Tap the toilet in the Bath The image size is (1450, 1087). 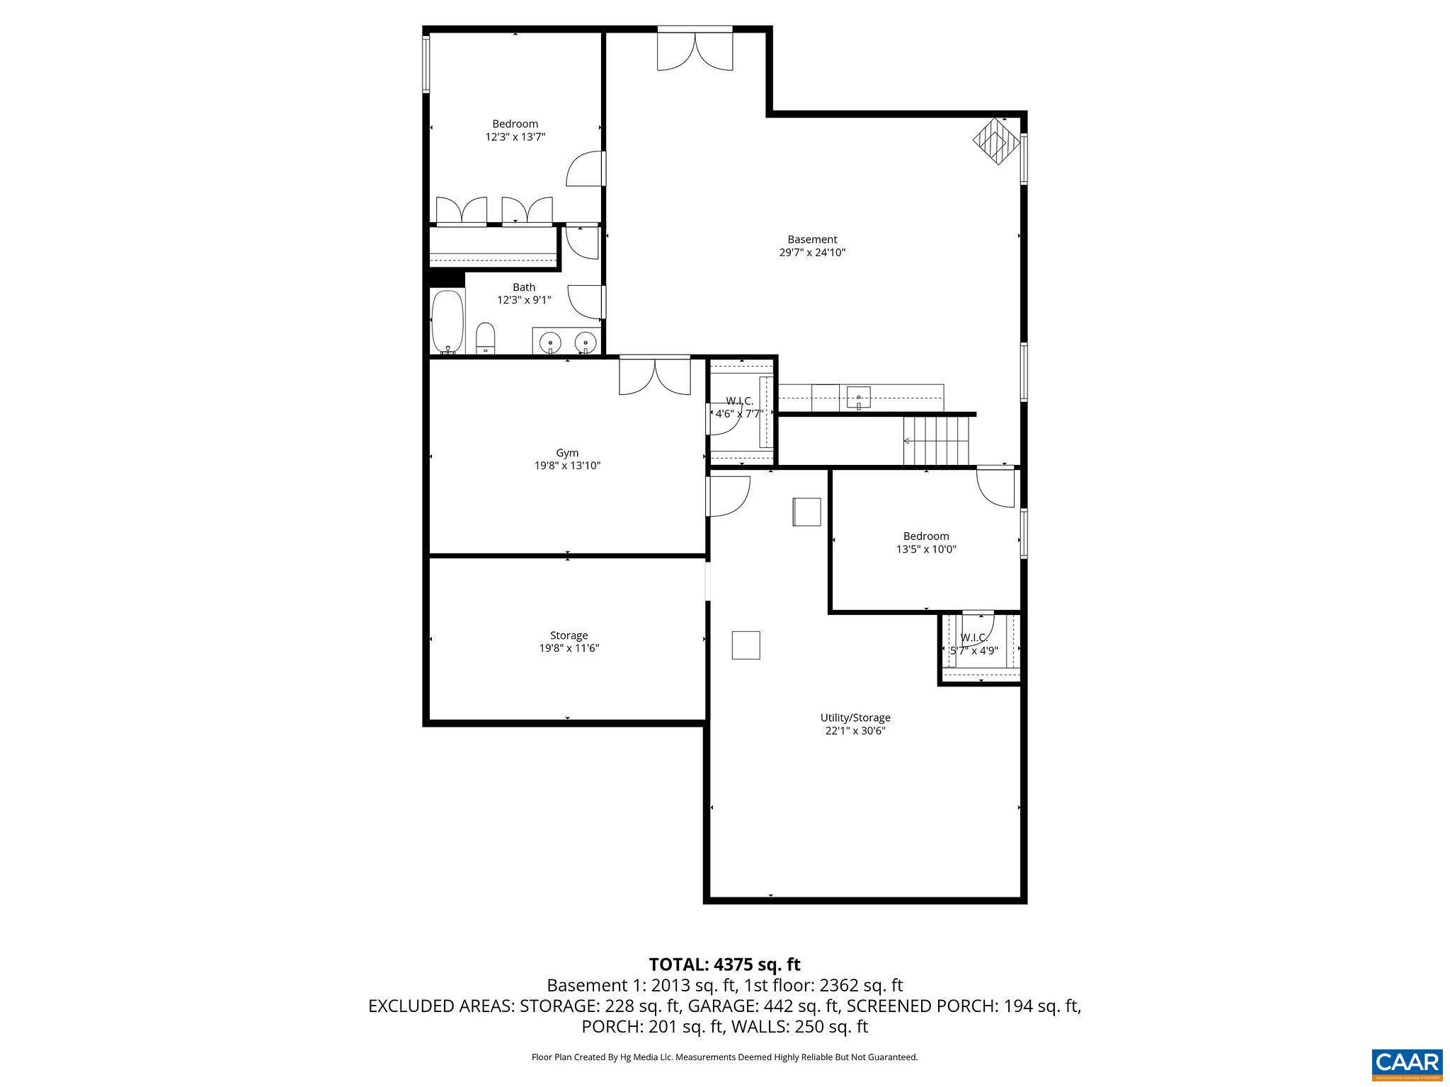click(485, 339)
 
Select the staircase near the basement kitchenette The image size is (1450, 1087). click(936, 441)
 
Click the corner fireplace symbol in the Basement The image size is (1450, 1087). click(995, 141)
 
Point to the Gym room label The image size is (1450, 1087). click(567, 453)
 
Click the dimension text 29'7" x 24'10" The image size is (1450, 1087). click(812, 253)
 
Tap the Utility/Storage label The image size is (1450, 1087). click(855, 718)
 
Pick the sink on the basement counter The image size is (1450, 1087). click(859, 398)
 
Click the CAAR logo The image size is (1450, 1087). click(1407, 1063)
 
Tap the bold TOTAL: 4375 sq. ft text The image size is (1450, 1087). click(724, 965)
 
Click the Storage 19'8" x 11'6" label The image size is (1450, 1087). click(569, 642)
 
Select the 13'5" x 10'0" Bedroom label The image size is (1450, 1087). click(926, 543)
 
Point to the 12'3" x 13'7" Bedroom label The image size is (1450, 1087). click(515, 130)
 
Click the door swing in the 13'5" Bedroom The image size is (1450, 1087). click(997, 488)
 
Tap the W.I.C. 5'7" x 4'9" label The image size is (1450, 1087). click(974, 645)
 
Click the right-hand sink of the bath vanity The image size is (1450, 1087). click(586, 343)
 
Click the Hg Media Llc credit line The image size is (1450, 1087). click(724, 1057)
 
